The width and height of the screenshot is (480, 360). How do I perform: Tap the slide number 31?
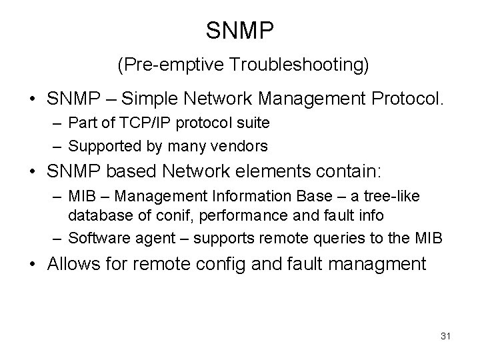click(x=445, y=336)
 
